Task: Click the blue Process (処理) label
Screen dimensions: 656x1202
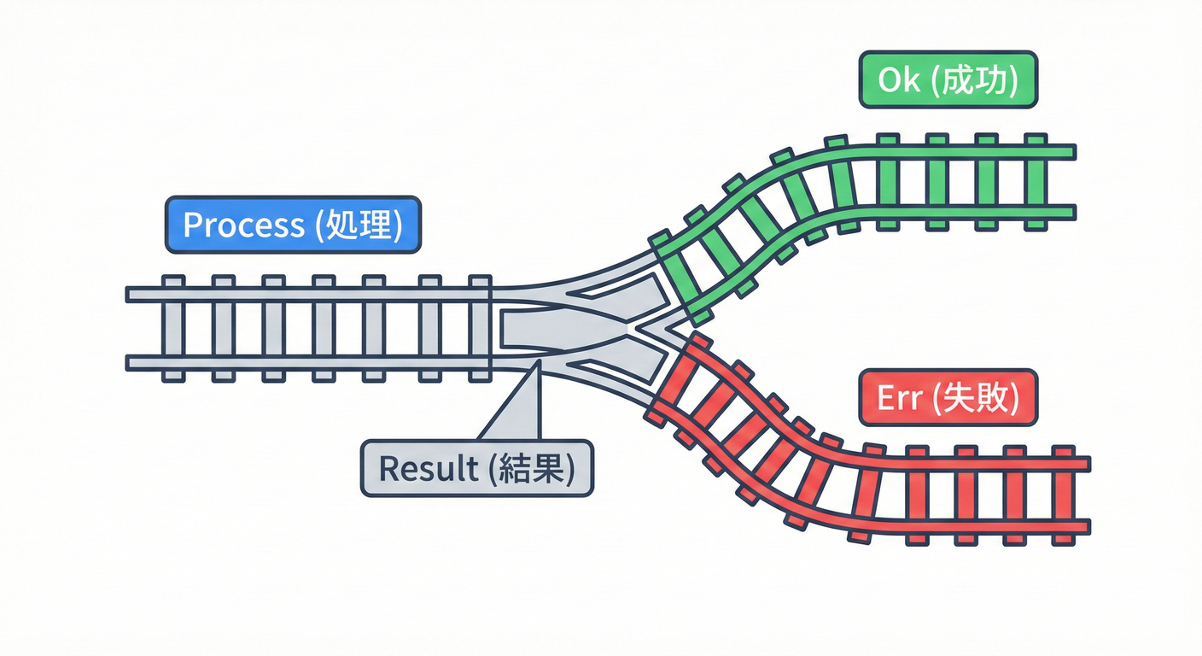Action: pyautogui.click(x=293, y=225)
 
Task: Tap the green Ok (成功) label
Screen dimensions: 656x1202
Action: pyautogui.click(x=948, y=79)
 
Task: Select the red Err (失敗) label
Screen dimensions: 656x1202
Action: pyautogui.click(x=948, y=398)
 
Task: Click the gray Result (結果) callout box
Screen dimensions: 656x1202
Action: pyautogui.click(x=476, y=468)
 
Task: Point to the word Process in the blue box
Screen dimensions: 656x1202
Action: pyautogui.click(x=243, y=225)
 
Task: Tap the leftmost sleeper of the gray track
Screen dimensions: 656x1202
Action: pyautogui.click(x=173, y=328)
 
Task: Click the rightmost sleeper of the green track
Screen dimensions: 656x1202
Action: pyautogui.click(x=1036, y=181)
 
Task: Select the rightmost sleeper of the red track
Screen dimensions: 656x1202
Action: pyautogui.click(x=1063, y=495)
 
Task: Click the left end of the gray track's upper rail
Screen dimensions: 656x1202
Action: pyautogui.click(x=131, y=295)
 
